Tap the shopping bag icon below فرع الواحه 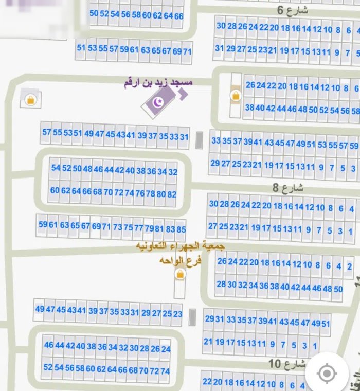[180, 275]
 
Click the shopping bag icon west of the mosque [30, 99]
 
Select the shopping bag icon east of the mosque [236, 95]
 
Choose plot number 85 [181, 229]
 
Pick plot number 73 [118, 227]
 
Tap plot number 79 [149, 228]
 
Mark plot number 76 [140, 193]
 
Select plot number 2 [350, 266]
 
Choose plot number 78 [150, 194]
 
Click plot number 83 [170, 229]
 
